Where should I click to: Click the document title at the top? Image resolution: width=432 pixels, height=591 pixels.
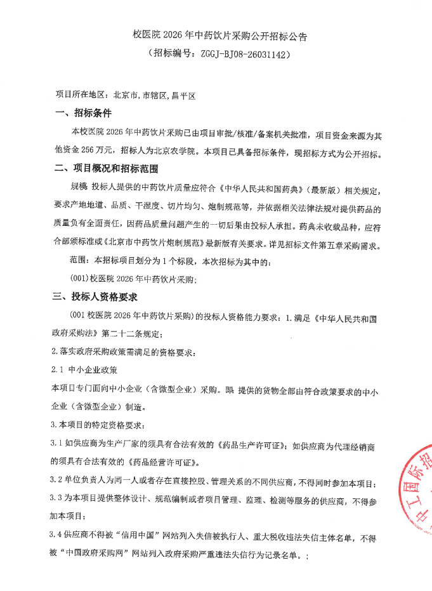tap(219, 36)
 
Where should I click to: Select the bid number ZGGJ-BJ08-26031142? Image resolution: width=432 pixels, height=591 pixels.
tap(245, 55)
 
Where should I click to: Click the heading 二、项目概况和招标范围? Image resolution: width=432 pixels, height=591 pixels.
tap(106, 169)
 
